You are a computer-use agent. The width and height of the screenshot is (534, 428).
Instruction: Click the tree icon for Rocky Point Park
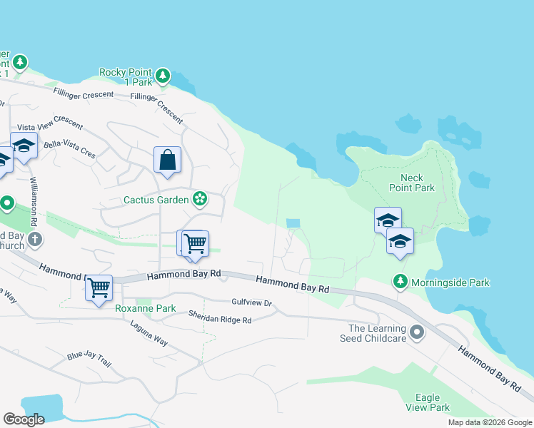coord(163,75)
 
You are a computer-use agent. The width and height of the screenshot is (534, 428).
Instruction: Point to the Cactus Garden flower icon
coord(201,199)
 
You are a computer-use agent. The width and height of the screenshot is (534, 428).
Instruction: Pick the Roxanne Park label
coord(146,309)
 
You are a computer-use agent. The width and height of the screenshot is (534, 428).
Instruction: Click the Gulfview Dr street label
coord(252,303)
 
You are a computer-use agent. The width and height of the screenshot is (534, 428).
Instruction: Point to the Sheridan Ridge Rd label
coord(220,317)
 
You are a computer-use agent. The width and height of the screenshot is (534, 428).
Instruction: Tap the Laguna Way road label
coord(148,333)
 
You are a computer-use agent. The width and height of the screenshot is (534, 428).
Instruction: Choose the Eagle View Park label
coord(428,402)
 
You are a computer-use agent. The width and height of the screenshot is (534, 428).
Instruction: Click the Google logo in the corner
coord(24,419)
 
